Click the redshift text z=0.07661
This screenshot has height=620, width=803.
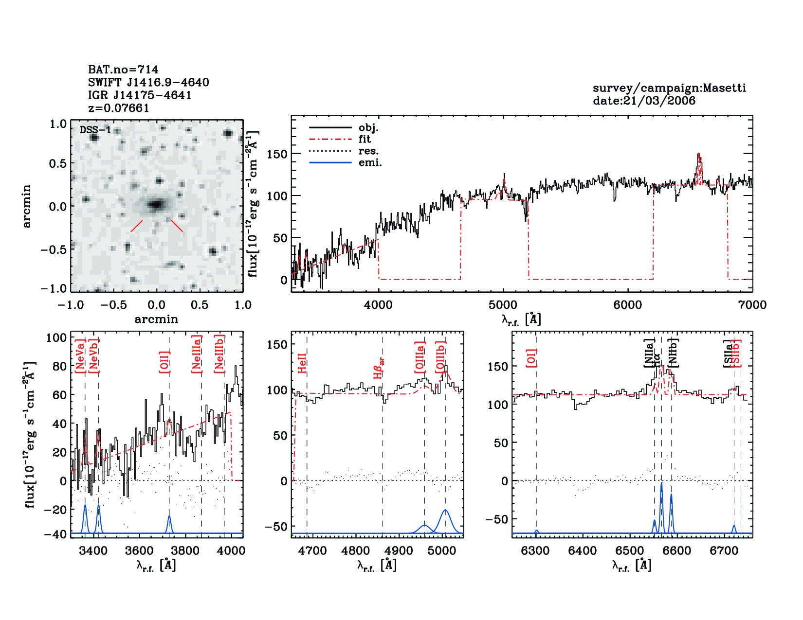click(x=118, y=108)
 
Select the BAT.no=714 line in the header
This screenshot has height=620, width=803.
click(x=123, y=70)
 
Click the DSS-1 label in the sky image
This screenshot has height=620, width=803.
click(x=95, y=130)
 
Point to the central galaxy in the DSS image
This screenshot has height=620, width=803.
click(x=156, y=204)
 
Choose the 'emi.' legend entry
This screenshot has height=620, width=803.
click(x=370, y=163)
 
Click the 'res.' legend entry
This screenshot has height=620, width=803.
click(x=368, y=151)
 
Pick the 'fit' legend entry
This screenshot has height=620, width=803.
click(x=365, y=139)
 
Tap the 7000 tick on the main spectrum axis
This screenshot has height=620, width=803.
click(x=752, y=305)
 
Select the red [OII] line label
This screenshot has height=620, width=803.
click(x=164, y=362)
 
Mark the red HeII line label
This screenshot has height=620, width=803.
click(x=302, y=363)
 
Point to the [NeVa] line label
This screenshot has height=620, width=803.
click(x=80, y=356)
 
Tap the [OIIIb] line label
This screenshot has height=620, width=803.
click(x=440, y=357)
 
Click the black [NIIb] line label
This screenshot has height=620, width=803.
click(x=673, y=353)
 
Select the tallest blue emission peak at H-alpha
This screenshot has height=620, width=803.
click(x=661, y=484)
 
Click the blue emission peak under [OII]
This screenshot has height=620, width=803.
click(x=169, y=517)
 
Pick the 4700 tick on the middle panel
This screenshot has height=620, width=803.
click(x=312, y=551)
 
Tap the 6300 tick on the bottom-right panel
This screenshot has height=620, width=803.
click(x=536, y=551)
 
